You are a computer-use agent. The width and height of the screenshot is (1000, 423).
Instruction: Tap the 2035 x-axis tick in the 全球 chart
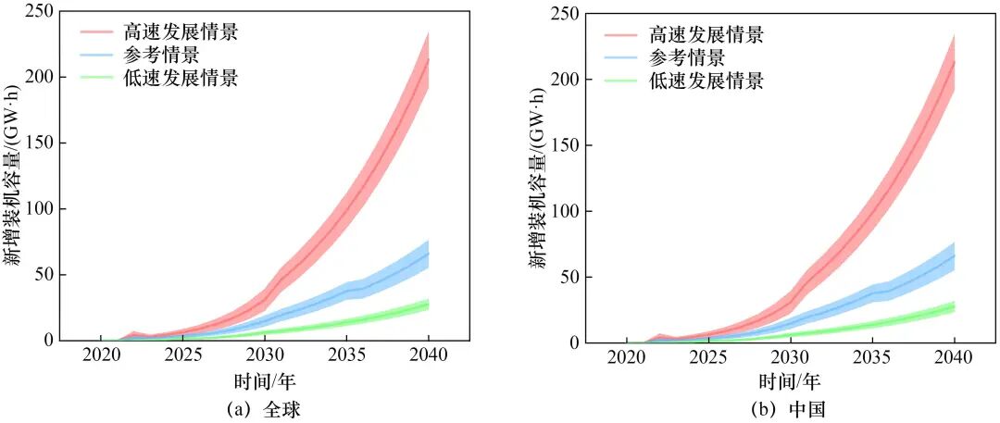click(346, 355)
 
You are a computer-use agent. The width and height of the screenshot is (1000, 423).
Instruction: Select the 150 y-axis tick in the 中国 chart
click(569, 145)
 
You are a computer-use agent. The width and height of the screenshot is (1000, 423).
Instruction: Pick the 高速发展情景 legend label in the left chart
click(181, 32)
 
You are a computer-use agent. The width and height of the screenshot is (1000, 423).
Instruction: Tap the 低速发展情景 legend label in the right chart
click(706, 81)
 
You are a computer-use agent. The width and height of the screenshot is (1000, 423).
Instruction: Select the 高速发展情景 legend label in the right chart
click(706, 35)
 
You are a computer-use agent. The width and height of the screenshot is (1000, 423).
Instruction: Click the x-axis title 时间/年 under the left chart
click(265, 379)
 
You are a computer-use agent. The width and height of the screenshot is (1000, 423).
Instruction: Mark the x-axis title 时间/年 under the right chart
click(790, 380)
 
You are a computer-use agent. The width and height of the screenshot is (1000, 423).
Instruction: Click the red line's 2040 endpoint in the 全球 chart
click(429, 58)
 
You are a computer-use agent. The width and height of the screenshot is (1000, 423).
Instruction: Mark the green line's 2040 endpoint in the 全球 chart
click(429, 304)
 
